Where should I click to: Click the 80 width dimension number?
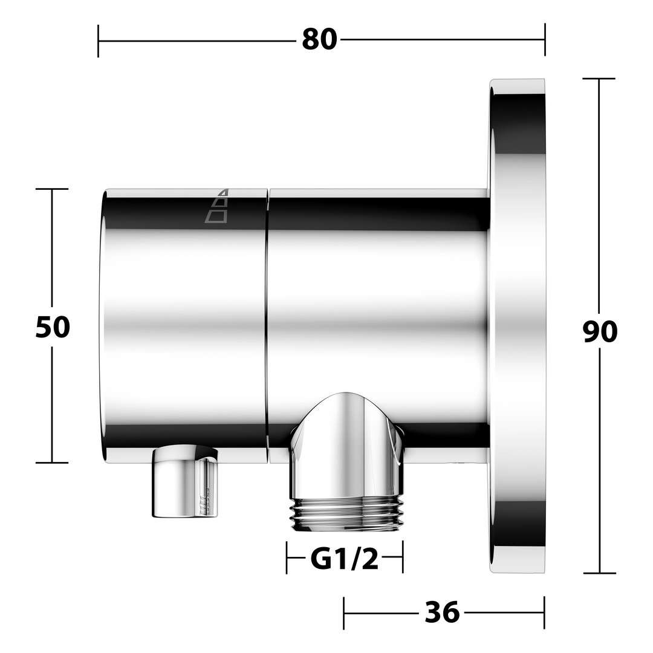click(x=319, y=40)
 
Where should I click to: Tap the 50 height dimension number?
click(x=53, y=326)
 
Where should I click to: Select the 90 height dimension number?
click(x=600, y=332)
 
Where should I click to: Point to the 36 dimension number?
click(x=442, y=612)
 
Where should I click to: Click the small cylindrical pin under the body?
click(x=186, y=481)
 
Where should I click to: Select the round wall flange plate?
click(x=517, y=326)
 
